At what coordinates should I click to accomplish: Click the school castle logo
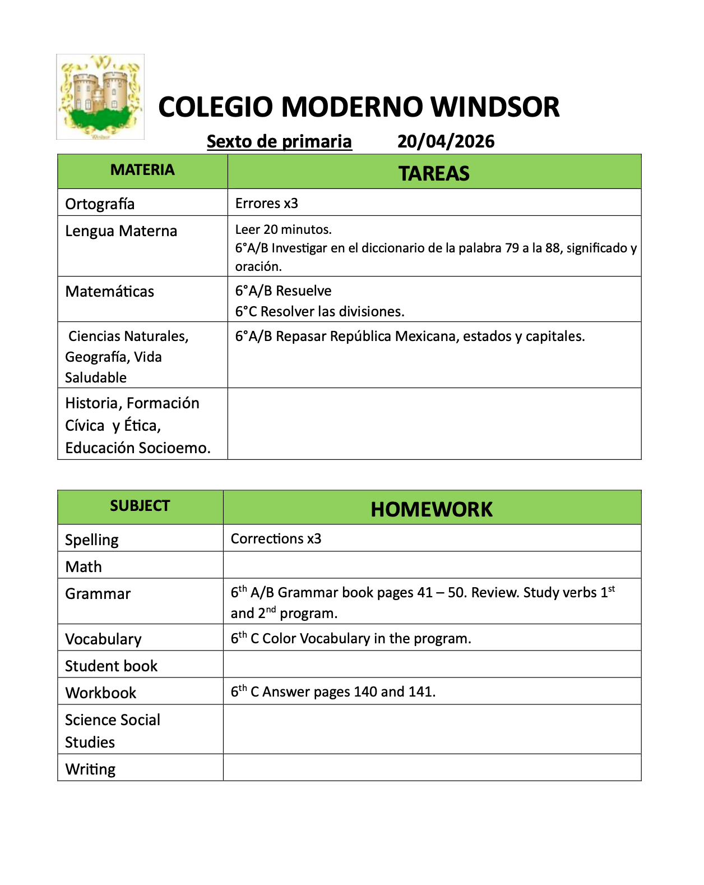tap(100, 96)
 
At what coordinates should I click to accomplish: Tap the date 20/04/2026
tap(446, 141)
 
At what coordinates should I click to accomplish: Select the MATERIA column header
tap(142, 170)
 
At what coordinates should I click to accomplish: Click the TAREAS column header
tap(434, 173)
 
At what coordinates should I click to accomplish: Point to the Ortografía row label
tap(100, 204)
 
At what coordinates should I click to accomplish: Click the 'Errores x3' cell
tap(267, 203)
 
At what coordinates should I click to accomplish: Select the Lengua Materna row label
tap(121, 231)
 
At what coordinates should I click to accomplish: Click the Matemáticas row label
tap(110, 292)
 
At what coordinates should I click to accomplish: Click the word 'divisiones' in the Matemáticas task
tap(370, 311)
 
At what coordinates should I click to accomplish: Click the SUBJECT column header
tap(140, 506)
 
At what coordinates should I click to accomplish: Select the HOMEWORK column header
tap(432, 509)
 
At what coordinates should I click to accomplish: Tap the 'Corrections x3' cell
tap(276, 538)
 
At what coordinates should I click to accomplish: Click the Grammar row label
tap(98, 593)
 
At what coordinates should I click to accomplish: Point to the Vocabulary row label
tap(104, 639)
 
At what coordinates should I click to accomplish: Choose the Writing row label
tap(90, 769)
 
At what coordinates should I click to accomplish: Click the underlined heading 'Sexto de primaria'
tap(279, 141)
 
